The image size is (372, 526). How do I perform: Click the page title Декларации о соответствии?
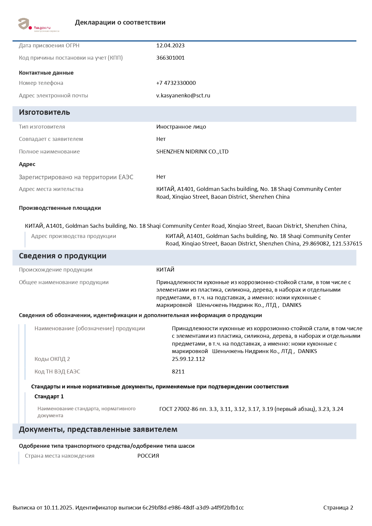120,22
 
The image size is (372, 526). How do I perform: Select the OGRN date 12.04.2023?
170,46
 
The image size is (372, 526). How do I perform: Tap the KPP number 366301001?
170,58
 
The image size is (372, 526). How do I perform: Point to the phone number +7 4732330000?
176,83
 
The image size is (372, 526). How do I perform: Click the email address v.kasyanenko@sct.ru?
183,96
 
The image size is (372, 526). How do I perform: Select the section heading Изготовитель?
44,112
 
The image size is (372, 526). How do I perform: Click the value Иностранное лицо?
181,127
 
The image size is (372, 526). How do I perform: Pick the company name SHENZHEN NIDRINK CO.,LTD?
192,152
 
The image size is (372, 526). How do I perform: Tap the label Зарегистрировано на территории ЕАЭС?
76,177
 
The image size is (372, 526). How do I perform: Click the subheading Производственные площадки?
60,208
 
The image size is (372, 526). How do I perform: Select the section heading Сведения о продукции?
62,256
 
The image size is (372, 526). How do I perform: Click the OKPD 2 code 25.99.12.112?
188,359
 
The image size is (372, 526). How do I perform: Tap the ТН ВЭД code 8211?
178,372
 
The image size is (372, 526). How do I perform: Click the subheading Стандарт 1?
49,397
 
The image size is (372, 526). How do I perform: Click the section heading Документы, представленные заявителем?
98,429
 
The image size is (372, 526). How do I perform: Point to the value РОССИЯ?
148,456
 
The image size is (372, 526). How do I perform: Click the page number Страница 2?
338,508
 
